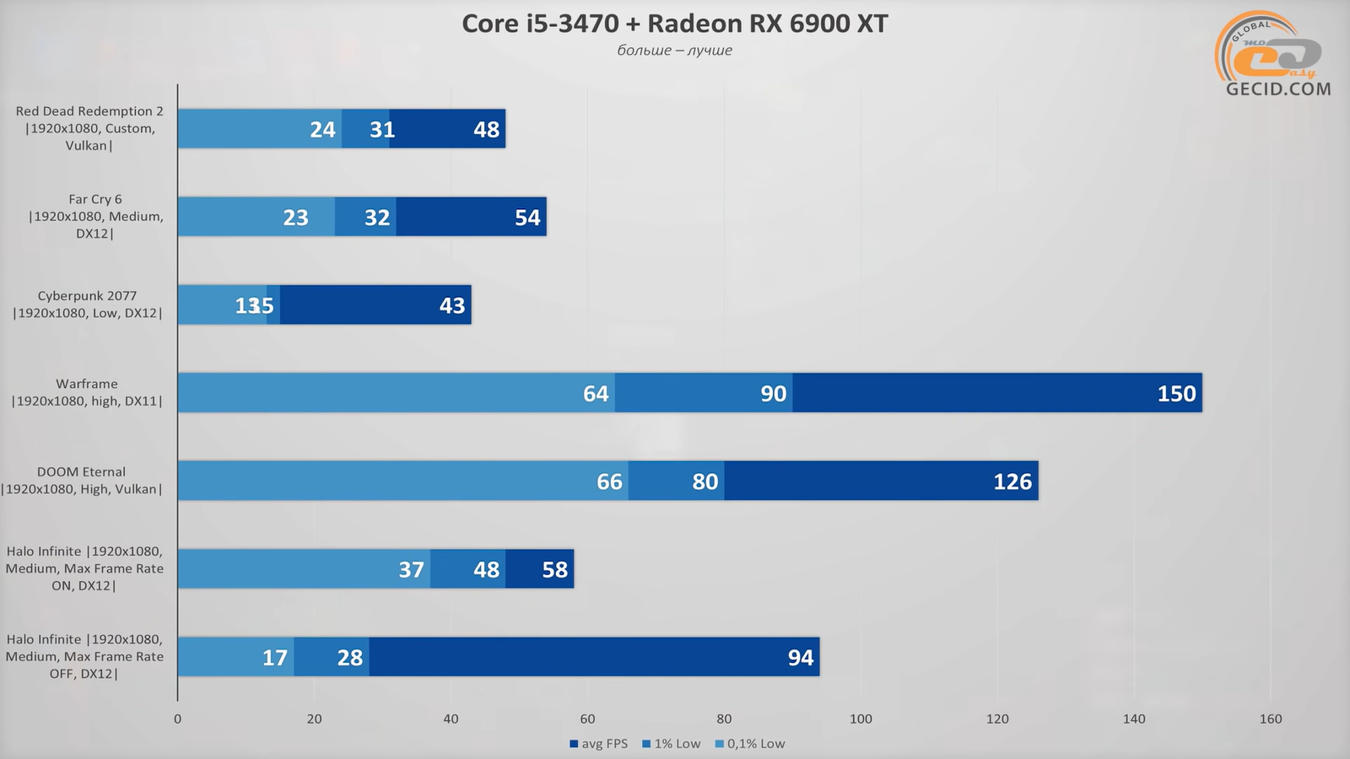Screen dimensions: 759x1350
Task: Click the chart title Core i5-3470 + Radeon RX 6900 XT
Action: pyautogui.click(x=674, y=24)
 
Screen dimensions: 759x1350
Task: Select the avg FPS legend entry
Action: pyautogui.click(x=598, y=744)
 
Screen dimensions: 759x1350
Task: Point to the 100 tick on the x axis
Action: pyautogui.click(x=861, y=719)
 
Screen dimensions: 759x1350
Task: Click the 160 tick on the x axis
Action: pyautogui.click(x=1270, y=719)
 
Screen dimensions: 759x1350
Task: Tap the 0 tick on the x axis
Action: pyautogui.click(x=177, y=719)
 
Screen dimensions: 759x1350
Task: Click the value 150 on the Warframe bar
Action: pyautogui.click(x=1176, y=394)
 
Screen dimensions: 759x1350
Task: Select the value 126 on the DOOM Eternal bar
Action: pyautogui.click(x=1012, y=482)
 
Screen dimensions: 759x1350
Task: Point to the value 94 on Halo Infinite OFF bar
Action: pyautogui.click(x=800, y=658)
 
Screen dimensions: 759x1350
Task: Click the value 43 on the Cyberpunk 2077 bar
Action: pyautogui.click(x=451, y=305)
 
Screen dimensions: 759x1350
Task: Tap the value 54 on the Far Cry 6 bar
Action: pyautogui.click(x=527, y=218)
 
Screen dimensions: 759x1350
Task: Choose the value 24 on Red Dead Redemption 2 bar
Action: pyautogui.click(x=322, y=130)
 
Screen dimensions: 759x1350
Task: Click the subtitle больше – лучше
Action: pyautogui.click(x=674, y=51)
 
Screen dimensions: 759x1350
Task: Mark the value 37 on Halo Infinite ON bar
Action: pyautogui.click(x=411, y=570)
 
